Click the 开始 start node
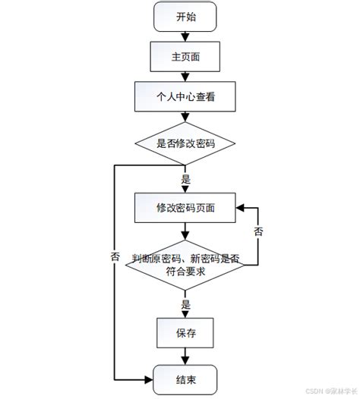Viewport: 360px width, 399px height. point(185,17)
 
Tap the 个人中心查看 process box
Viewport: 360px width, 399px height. point(185,96)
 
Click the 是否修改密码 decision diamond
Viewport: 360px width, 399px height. point(185,143)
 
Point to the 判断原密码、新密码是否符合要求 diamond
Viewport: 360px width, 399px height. point(185,265)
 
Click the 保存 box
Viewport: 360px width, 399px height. point(185,331)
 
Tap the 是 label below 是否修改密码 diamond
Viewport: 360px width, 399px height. point(186,181)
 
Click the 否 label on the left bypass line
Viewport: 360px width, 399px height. point(115,256)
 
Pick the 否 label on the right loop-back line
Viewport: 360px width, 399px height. point(258,230)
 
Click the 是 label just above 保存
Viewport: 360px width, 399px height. point(186,305)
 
